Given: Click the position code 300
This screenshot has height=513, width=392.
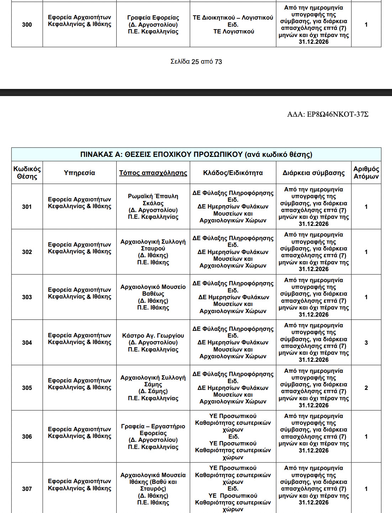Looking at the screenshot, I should click(27, 25).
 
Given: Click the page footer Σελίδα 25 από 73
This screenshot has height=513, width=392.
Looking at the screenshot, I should click(196, 62).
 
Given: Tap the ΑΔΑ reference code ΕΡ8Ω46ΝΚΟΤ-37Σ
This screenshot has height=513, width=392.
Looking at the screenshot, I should click(328, 114).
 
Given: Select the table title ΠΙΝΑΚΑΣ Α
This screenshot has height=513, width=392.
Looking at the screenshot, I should click(196, 154).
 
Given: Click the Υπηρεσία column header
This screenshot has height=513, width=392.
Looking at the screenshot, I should click(79, 173).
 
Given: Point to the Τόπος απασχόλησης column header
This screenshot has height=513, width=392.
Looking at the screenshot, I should click(153, 173).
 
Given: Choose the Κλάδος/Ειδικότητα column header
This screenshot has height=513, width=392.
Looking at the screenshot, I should click(233, 173).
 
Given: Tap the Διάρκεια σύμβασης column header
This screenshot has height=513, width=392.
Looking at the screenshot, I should click(313, 173).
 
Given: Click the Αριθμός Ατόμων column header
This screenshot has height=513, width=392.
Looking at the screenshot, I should click(366, 173).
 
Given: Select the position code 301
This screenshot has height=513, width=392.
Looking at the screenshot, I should click(27, 207).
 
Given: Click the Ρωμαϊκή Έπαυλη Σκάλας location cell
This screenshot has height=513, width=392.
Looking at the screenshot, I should click(153, 206).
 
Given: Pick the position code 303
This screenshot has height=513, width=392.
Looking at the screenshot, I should click(27, 297).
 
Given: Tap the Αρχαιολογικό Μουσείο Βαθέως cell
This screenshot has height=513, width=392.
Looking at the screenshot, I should click(153, 297).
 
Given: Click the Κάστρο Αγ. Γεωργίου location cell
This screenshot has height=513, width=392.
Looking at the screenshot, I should click(153, 342).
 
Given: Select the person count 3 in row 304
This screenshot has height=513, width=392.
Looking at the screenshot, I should click(366, 343).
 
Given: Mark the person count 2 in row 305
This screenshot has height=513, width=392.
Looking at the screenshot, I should click(366, 388).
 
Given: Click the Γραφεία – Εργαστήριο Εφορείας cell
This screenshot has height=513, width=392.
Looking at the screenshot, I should click(153, 437).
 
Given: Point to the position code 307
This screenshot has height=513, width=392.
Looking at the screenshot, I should click(27, 489).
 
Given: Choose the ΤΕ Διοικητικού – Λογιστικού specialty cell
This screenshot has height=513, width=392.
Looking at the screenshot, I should click(233, 25).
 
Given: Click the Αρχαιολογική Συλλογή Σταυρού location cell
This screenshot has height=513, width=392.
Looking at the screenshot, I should click(153, 252).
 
